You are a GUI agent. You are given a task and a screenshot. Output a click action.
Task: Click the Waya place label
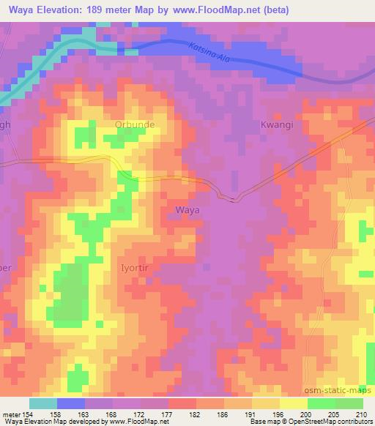187,209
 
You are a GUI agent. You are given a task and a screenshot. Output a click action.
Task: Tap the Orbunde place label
135,124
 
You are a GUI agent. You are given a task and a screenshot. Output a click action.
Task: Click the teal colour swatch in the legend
42,403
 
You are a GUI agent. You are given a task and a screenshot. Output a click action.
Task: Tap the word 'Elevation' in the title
56,10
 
